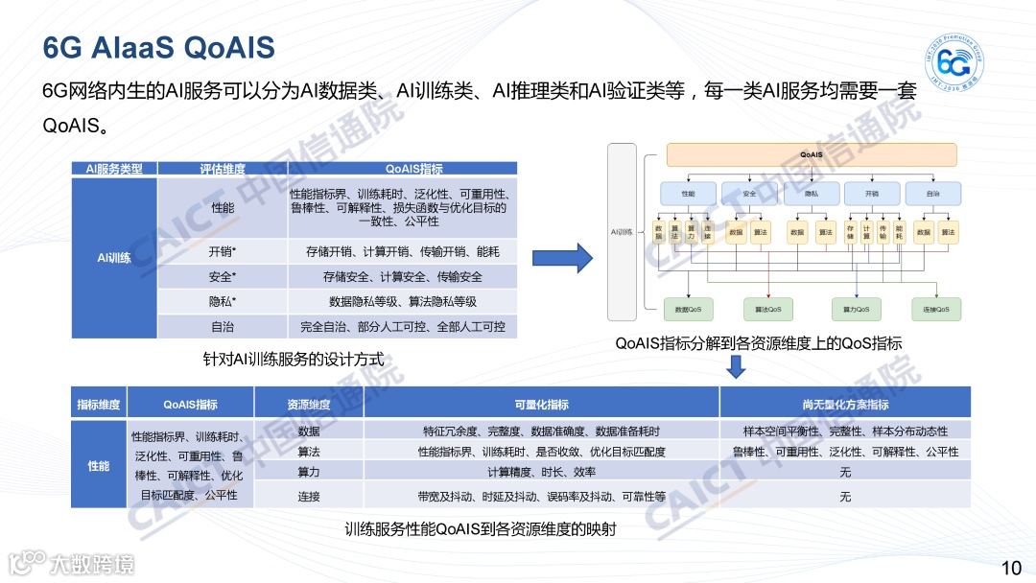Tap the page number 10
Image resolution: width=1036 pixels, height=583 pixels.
(x=1010, y=567)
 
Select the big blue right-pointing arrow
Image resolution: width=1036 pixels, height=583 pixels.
(x=563, y=257)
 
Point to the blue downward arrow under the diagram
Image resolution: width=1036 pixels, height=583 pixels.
(x=736, y=366)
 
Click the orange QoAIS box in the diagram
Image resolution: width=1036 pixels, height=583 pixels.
(x=811, y=154)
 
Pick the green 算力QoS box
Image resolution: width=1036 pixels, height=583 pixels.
(x=856, y=309)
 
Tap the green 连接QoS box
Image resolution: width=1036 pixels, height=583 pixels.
(x=935, y=309)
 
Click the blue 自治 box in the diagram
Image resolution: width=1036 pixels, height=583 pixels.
(x=932, y=193)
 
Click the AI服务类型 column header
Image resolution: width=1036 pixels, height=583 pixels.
(x=114, y=169)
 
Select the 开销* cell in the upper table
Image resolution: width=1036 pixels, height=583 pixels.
(x=222, y=252)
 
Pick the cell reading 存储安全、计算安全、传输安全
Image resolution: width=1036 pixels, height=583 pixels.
(x=403, y=277)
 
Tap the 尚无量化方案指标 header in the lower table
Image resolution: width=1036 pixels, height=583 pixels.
(x=845, y=404)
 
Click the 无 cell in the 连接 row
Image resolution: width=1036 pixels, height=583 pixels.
(x=845, y=497)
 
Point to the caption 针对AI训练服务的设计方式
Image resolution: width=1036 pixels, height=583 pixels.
(x=293, y=361)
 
